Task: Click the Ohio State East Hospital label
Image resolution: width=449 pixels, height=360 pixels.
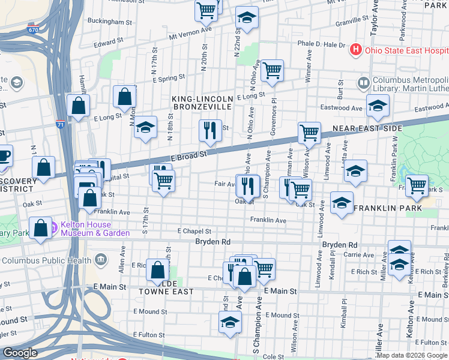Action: click(406, 49)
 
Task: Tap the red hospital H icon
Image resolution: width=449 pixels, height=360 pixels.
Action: click(356, 49)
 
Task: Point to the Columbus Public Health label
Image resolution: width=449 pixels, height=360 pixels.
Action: click(47, 260)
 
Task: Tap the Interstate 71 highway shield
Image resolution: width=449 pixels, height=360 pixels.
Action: click(60, 124)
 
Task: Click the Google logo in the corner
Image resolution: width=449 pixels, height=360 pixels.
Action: click(20, 353)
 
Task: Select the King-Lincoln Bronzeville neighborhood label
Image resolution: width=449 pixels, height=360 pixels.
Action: click(202, 102)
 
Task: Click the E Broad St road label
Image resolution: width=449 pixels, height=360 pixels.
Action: click(188, 154)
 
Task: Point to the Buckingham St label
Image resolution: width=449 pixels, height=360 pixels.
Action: click(109, 22)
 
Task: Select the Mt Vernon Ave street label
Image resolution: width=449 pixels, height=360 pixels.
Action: click(191, 34)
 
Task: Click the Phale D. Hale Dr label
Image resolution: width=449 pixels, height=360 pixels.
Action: click(322, 44)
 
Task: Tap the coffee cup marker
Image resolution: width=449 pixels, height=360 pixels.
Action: click(4, 156)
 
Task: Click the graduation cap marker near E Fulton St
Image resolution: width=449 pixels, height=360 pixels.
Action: click(229, 323)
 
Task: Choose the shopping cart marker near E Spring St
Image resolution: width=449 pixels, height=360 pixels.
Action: click(272, 70)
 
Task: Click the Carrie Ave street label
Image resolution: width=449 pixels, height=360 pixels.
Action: click(358, 256)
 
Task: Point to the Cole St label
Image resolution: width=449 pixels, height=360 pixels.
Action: click(273, 356)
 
